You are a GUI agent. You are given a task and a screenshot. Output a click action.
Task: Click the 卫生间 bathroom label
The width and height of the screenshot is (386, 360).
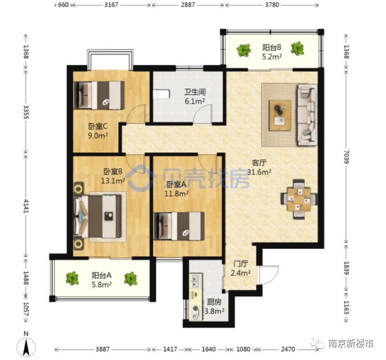pos(195,92)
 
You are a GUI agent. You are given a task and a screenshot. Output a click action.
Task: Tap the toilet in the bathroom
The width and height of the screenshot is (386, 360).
pos(161,94)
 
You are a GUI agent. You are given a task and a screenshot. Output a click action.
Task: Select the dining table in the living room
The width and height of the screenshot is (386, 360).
pos(299,199)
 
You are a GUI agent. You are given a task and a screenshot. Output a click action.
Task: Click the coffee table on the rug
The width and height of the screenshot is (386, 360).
pos(280,115)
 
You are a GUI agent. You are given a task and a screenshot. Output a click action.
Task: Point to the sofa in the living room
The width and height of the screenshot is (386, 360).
pos(307,115)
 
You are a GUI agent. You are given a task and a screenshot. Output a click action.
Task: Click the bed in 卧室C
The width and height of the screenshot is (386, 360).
pos(99,95)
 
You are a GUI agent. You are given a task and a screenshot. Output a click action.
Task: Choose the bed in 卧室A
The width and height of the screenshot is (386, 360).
pos(179,226)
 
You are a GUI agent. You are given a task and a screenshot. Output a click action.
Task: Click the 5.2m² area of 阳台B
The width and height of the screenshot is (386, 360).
pos(272,57)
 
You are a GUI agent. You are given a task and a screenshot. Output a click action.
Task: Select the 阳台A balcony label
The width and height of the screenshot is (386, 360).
pos(101,275)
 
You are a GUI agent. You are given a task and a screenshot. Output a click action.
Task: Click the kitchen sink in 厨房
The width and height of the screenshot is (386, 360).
pos(196,281)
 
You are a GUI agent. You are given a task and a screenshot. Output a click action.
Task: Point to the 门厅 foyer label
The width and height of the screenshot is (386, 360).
pos(240,264)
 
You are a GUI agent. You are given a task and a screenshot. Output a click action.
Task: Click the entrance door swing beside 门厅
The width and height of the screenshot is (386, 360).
pos(268,274)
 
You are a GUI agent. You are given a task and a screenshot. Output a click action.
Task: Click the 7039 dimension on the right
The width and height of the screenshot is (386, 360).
pos(346,157)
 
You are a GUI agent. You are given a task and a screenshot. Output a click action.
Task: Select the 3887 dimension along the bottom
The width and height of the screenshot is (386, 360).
pos(102,349)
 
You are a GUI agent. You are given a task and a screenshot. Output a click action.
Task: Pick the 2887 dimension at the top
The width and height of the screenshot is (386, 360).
pos(188,5)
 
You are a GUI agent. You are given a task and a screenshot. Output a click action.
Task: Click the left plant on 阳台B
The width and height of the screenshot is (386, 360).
pos(243,50)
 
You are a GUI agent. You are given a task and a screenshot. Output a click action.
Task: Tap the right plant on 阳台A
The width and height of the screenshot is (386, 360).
pos(130,278)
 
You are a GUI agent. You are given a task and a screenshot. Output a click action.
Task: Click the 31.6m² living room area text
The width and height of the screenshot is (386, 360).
pos(259,172)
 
